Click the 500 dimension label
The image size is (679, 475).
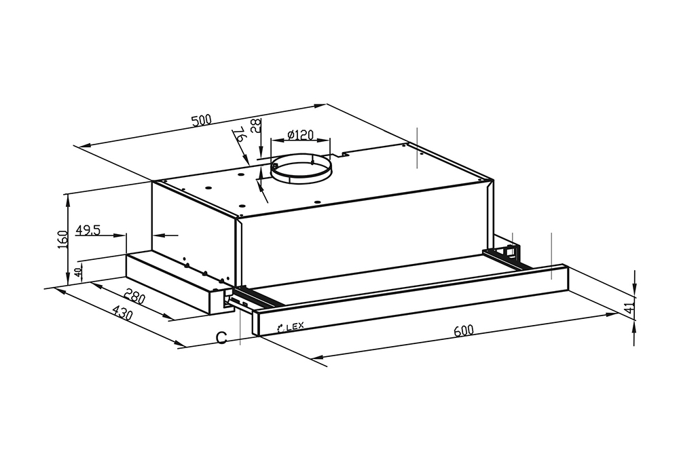click(x=202, y=120)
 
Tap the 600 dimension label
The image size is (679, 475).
click(x=464, y=330)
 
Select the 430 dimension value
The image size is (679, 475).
click(x=122, y=313)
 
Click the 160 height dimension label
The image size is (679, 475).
click(x=63, y=240)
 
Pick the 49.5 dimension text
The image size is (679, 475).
click(x=88, y=230)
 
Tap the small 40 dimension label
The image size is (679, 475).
click(x=78, y=272)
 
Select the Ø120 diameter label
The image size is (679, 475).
click(x=300, y=134)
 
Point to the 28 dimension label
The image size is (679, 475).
click(x=257, y=126)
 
